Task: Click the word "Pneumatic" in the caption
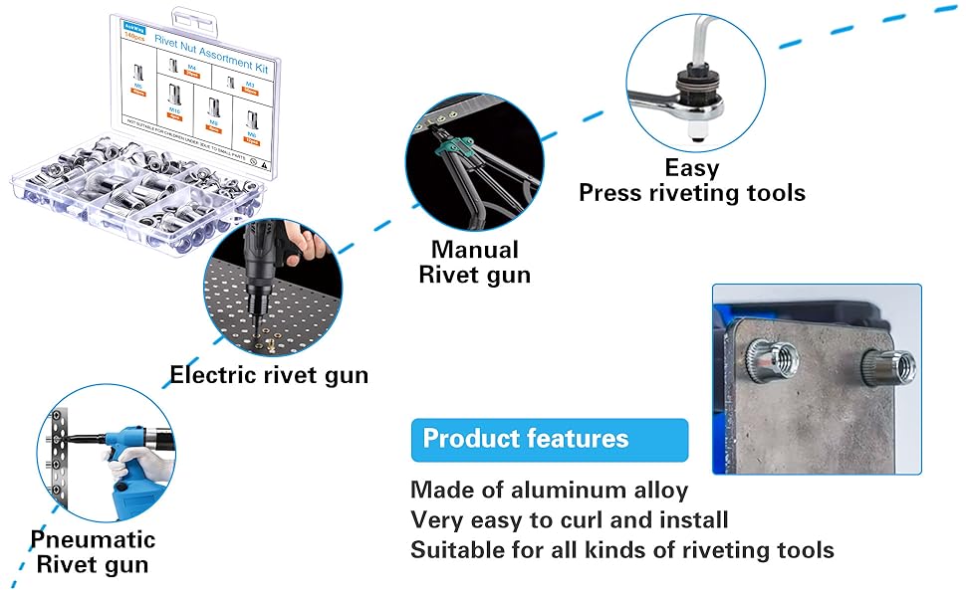(93, 539)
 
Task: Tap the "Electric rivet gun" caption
(269, 375)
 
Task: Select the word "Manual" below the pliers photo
(474, 249)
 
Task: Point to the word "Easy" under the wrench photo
(692, 168)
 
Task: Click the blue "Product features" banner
(549, 439)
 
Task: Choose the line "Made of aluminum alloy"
(549, 490)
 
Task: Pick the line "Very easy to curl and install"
(569, 519)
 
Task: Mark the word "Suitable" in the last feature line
(460, 549)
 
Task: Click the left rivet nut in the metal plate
(773, 358)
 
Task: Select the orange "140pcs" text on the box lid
(133, 36)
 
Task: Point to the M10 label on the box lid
(175, 109)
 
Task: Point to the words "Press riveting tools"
(692, 193)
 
